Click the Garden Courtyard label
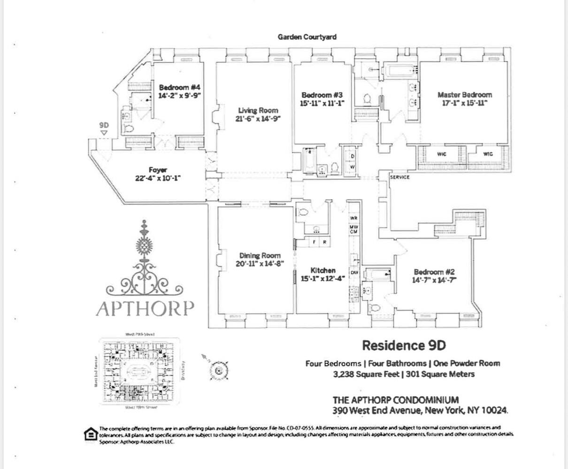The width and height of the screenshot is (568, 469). click(x=307, y=37)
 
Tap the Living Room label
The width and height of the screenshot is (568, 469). click(x=258, y=111)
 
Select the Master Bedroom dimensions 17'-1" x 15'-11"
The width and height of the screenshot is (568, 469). click(x=464, y=103)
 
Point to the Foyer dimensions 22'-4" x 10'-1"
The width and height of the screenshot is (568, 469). click(x=158, y=178)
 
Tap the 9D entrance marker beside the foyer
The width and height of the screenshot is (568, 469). click(x=104, y=126)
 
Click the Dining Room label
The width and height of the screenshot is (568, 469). click(x=260, y=256)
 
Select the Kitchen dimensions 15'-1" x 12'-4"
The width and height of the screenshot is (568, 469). click(x=322, y=278)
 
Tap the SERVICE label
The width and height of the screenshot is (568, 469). click(x=400, y=177)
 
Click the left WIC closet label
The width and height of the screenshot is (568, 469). click(x=441, y=154)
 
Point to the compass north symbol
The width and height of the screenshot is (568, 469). click(x=217, y=370)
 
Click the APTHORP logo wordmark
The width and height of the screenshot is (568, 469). click(x=145, y=308)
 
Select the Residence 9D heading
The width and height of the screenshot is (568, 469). click(x=403, y=346)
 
